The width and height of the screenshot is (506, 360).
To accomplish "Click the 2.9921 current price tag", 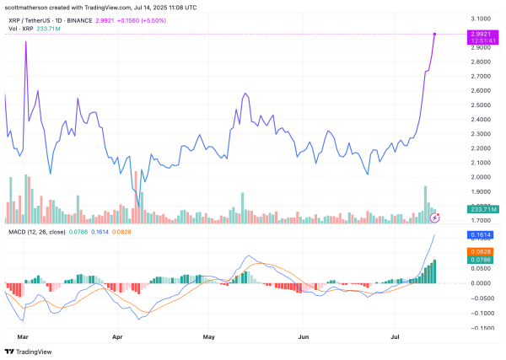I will coord(483,34).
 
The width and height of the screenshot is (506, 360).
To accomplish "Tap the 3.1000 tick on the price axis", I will coord(482,18).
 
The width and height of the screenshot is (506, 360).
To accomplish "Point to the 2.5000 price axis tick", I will coord(482,105).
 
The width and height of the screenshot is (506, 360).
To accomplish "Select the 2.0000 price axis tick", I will coord(482,177).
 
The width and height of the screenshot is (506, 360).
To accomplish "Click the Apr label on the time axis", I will coord(118,335).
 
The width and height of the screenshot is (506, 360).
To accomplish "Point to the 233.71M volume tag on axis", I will coord(483,209).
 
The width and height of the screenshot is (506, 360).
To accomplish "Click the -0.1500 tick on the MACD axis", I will coord(482,326).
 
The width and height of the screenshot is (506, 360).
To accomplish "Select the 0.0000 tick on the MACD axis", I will coord(482,283).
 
